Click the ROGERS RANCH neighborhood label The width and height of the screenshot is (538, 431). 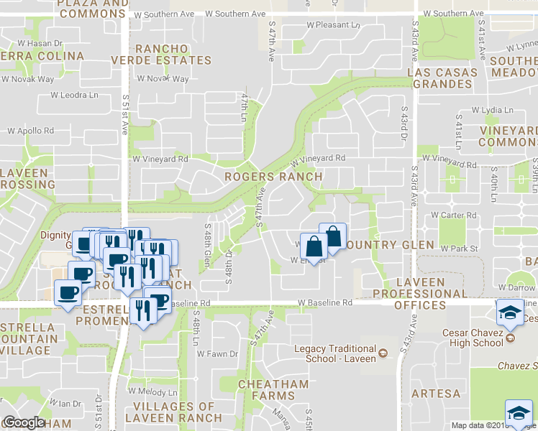click(x=273, y=176)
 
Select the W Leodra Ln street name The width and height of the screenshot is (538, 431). click(x=74, y=95)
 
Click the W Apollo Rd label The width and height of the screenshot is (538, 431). click(x=30, y=131)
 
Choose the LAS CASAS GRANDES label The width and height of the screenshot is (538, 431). click(x=442, y=78)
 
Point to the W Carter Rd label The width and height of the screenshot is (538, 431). click(x=453, y=215)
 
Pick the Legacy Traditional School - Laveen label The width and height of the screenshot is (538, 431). click(x=335, y=354)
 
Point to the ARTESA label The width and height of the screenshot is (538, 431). click(x=437, y=394)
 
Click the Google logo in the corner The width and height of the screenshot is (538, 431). click(x=24, y=422)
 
